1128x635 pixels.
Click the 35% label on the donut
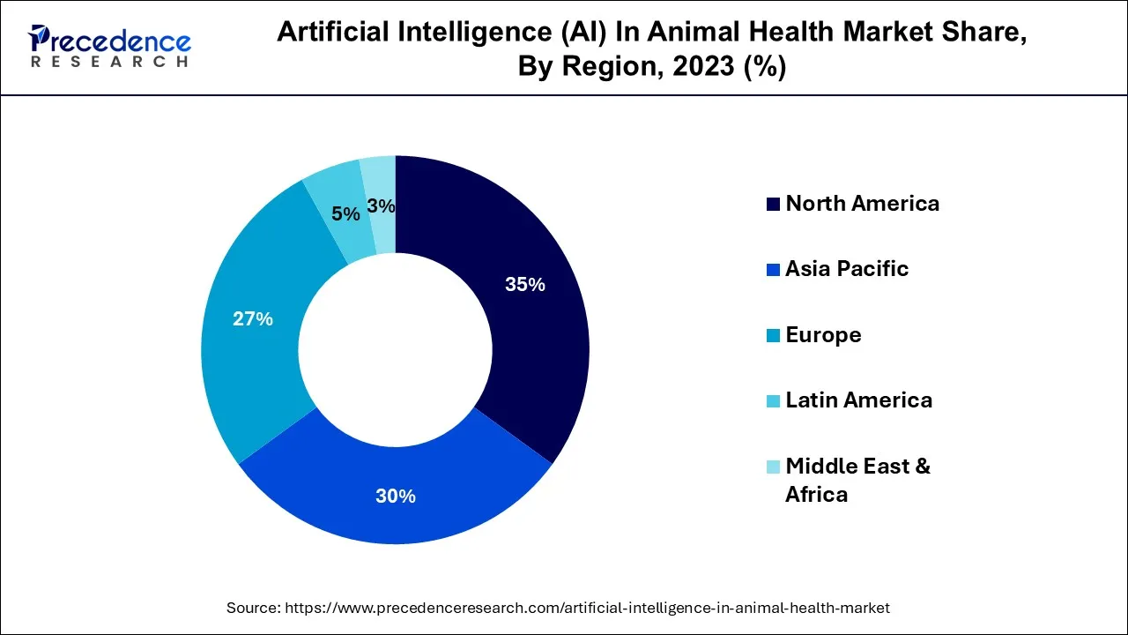[524, 285]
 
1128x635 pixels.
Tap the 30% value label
[395, 497]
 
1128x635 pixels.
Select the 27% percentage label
[253, 319]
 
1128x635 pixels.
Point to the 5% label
[345, 214]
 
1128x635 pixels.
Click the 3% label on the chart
[381, 206]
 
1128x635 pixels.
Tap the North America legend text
[862, 204]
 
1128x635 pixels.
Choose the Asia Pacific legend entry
[847, 269]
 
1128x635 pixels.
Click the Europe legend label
[823, 335]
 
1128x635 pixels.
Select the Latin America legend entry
[858, 400]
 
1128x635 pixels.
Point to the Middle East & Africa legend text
[857, 479]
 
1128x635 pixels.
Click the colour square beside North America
[773, 205]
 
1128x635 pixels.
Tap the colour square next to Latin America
[773, 401]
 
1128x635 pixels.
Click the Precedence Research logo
[109, 47]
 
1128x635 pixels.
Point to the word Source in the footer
[253, 608]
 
